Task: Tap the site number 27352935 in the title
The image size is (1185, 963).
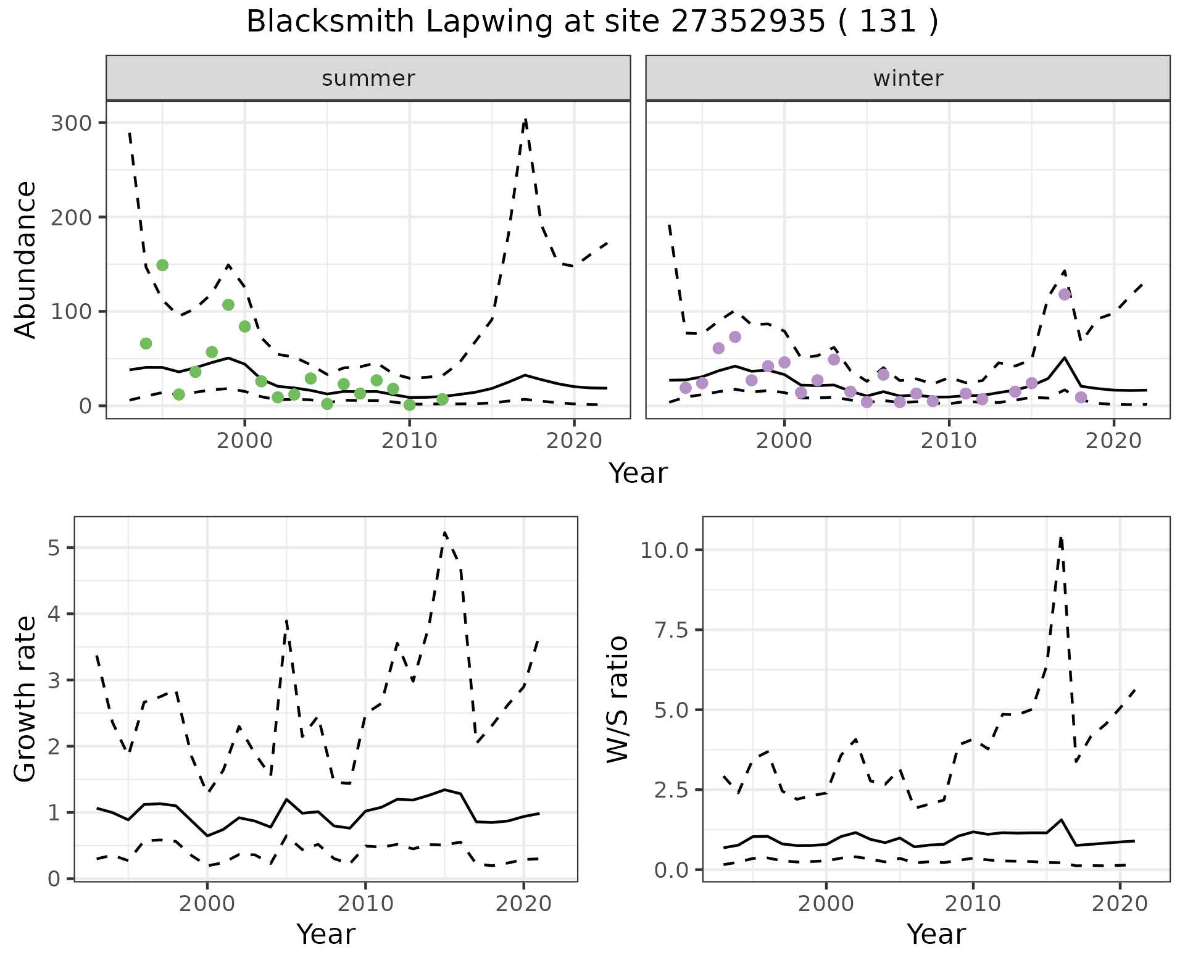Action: click(747, 22)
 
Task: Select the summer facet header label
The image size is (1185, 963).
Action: click(368, 78)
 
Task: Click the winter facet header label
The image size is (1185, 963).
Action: click(908, 78)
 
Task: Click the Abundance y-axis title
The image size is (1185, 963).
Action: click(25, 260)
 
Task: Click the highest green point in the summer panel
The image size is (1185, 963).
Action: click(162, 265)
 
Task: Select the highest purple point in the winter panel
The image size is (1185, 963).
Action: click(1064, 294)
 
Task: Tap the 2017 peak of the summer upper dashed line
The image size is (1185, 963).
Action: click(525, 120)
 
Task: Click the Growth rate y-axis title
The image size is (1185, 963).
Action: click(25, 699)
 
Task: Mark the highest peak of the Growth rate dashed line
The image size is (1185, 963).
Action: click(444, 533)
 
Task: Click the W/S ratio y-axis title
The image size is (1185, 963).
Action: click(617, 699)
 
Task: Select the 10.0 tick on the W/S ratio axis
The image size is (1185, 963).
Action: click(663, 550)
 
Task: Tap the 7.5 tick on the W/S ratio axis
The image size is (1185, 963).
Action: click(671, 630)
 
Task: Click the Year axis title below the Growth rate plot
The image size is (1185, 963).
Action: click(326, 934)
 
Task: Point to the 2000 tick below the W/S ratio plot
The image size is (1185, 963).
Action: click(826, 904)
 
